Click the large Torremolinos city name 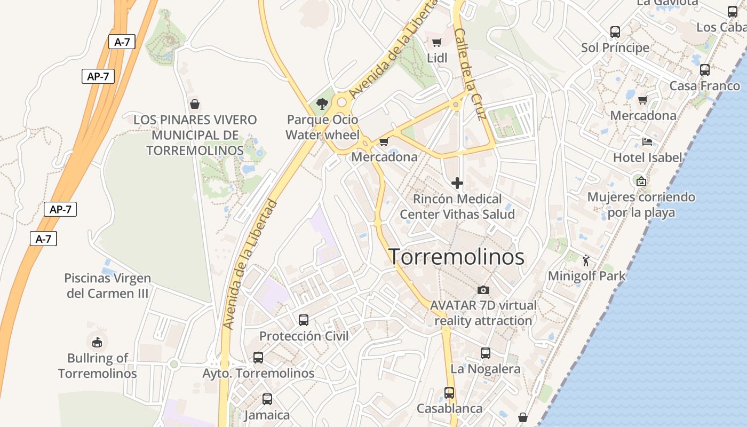point(457,257)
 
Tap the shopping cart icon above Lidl point(437,42)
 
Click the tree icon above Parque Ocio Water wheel point(322,104)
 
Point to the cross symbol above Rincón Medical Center point(457,183)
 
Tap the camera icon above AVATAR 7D point(483,290)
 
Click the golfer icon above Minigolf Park point(586,260)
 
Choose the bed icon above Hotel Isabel point(647,142)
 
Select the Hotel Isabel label point(647,157)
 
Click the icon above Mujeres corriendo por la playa point(641,181)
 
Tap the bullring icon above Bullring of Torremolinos point(97,342)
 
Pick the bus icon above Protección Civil point(304,320)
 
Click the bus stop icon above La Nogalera point(486,353)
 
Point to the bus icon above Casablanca point(449,393)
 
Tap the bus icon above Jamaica point(267,399)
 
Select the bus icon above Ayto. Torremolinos point(258,358)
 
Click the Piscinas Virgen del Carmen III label point(108,286)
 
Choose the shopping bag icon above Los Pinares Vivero point(195,104)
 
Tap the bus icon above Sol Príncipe point(615,32)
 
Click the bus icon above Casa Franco point(705,70)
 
